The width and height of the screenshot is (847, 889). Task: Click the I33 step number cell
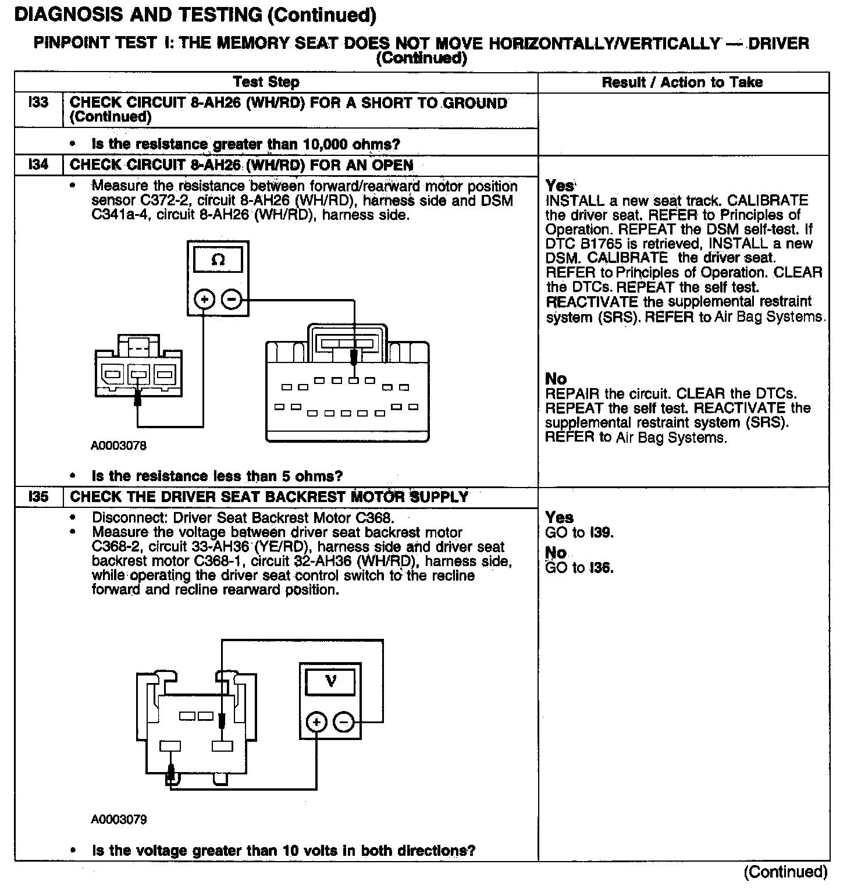[38, 104]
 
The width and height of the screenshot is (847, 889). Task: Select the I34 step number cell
[38, 165]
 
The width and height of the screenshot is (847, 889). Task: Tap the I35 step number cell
[38, 497]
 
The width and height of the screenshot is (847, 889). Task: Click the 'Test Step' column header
[266, 83]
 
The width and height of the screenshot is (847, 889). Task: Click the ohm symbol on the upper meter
[218, 260]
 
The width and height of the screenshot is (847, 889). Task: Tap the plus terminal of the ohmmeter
[204, 300]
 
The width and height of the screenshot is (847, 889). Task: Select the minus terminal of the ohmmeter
[232, 300]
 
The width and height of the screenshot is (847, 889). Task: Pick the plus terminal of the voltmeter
[316, 723]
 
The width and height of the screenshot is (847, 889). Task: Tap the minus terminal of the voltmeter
[344, 723]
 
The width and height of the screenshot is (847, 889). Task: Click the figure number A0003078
[119, 446]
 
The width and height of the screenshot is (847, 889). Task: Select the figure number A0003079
[119, 820]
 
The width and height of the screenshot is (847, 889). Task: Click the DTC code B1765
[602, 244]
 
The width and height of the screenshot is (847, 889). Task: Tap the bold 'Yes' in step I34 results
[560, 186]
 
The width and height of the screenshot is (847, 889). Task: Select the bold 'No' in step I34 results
[556, 379]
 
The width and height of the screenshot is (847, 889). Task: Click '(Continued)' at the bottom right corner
[785, 872]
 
